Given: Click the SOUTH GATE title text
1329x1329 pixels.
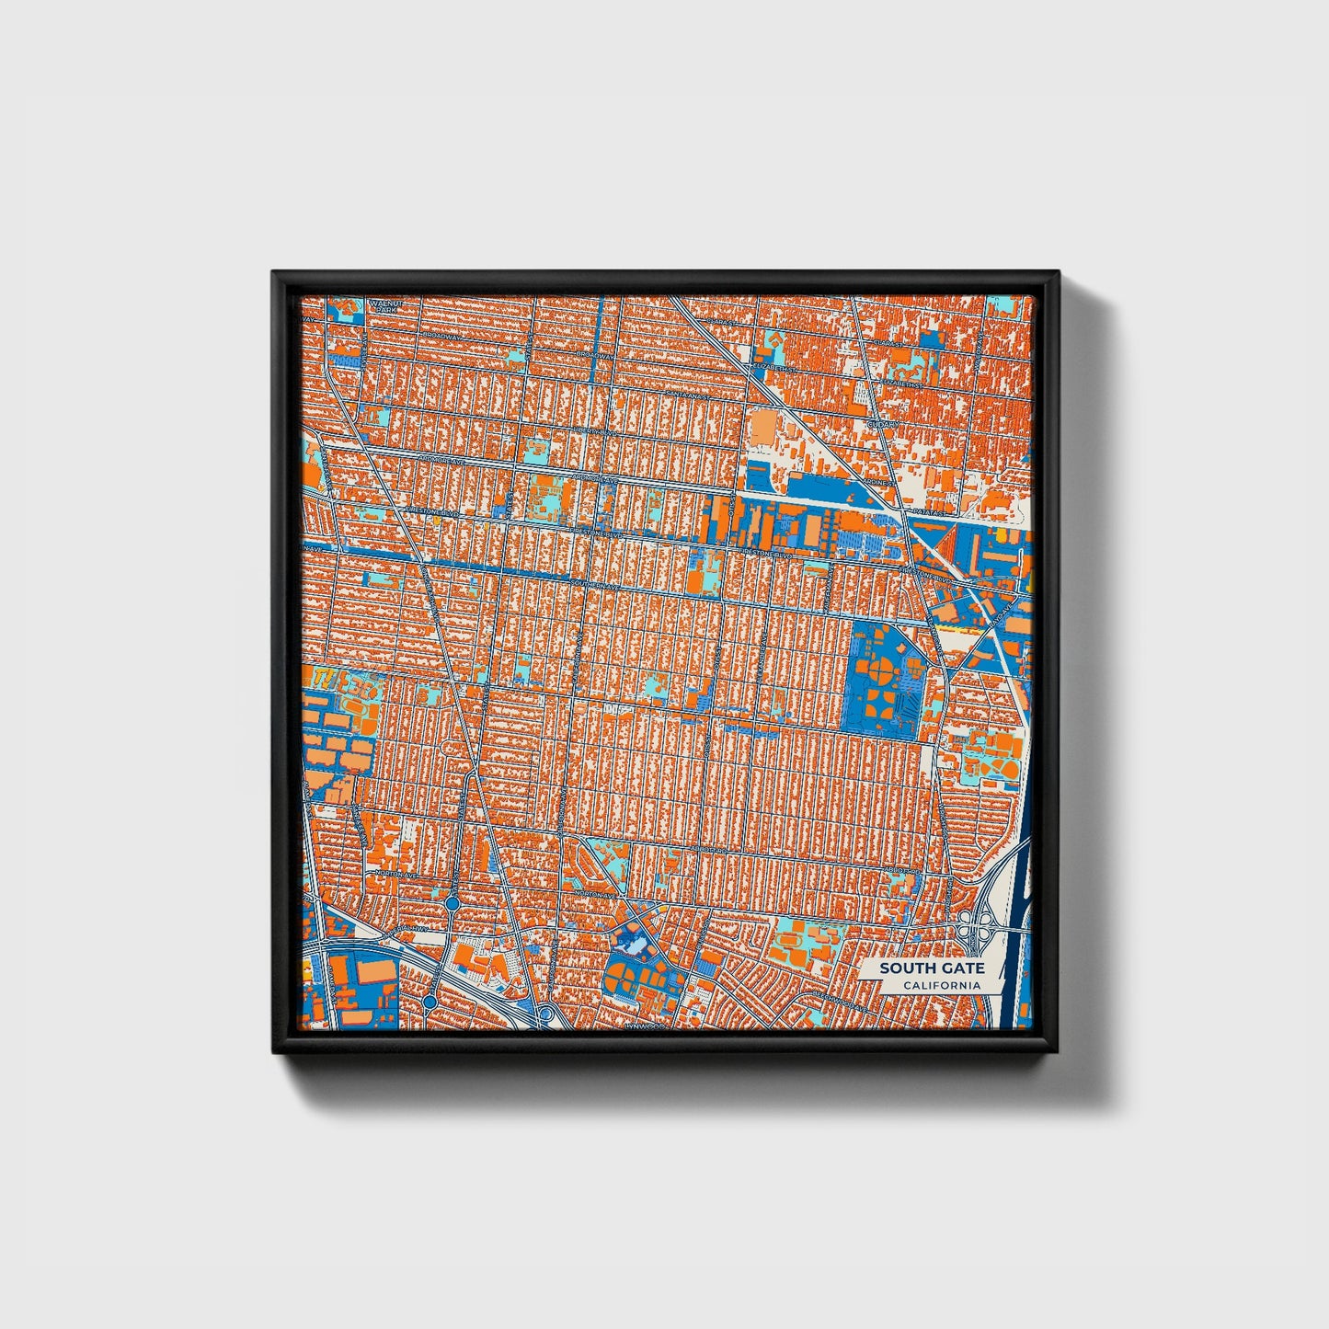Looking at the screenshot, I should [x=931, y=968].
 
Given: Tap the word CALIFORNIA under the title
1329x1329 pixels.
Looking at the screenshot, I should [x=941, y=986].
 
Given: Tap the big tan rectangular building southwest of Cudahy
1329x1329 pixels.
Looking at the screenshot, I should [x=763, y=429].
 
